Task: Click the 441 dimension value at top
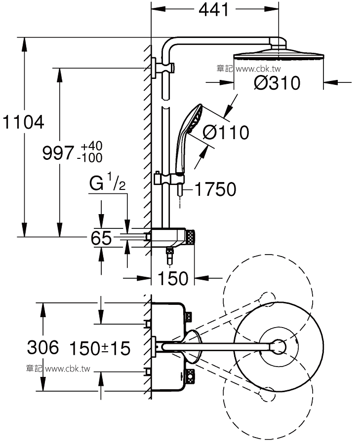tap(214, 11)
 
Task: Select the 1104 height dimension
tap(24, 122)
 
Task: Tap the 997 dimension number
tap(58, 153)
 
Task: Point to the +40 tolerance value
tap(91, 146)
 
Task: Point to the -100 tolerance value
tap(90, 158)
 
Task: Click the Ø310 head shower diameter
tap(277, 83)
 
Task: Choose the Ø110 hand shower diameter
tap(226, 132)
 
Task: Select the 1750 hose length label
tap(215, 189)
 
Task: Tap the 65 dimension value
tap(101, 238)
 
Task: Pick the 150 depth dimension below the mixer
tap(173, 278)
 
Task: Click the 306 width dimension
tap(43, 347)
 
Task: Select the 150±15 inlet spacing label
tap(100, 348)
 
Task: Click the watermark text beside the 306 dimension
tap(58, 369)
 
